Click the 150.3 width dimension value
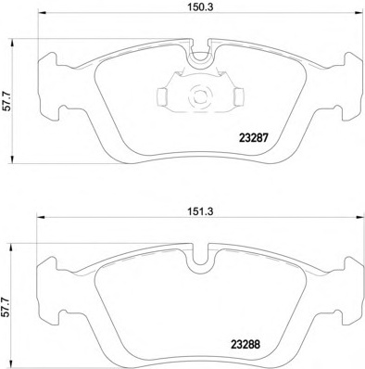pyautogui.click(x=201, y=7)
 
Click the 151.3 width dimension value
pyautogui.click(x=201, y=211)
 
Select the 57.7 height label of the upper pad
pyautogui.click(x=7, y=101)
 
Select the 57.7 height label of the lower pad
pyautogui.click(x=6, y=307)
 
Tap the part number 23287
pyautogui.click(x=253, y=138)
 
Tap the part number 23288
pyautogui.click(x=245, y=344)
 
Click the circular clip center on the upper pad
pyautogui.click(x=200, y=95)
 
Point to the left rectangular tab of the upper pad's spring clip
pyautogui.click(x=162, y=95)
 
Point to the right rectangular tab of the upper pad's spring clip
pyautogui.click(x=239, y=95)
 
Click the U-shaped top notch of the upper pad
pyautogui.click(x=200, y=63)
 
